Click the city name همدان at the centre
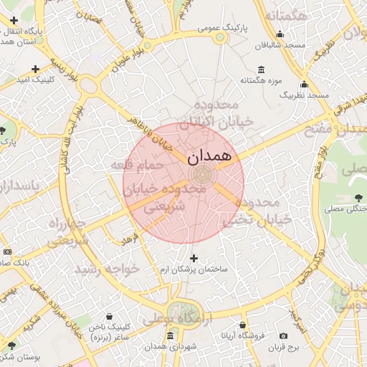coord(209,156)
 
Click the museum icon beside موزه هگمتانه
coord(259,70)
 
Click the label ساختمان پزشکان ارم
coord(194,270)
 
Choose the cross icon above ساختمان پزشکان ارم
coord(194,258)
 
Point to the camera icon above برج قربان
coord(283,336)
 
